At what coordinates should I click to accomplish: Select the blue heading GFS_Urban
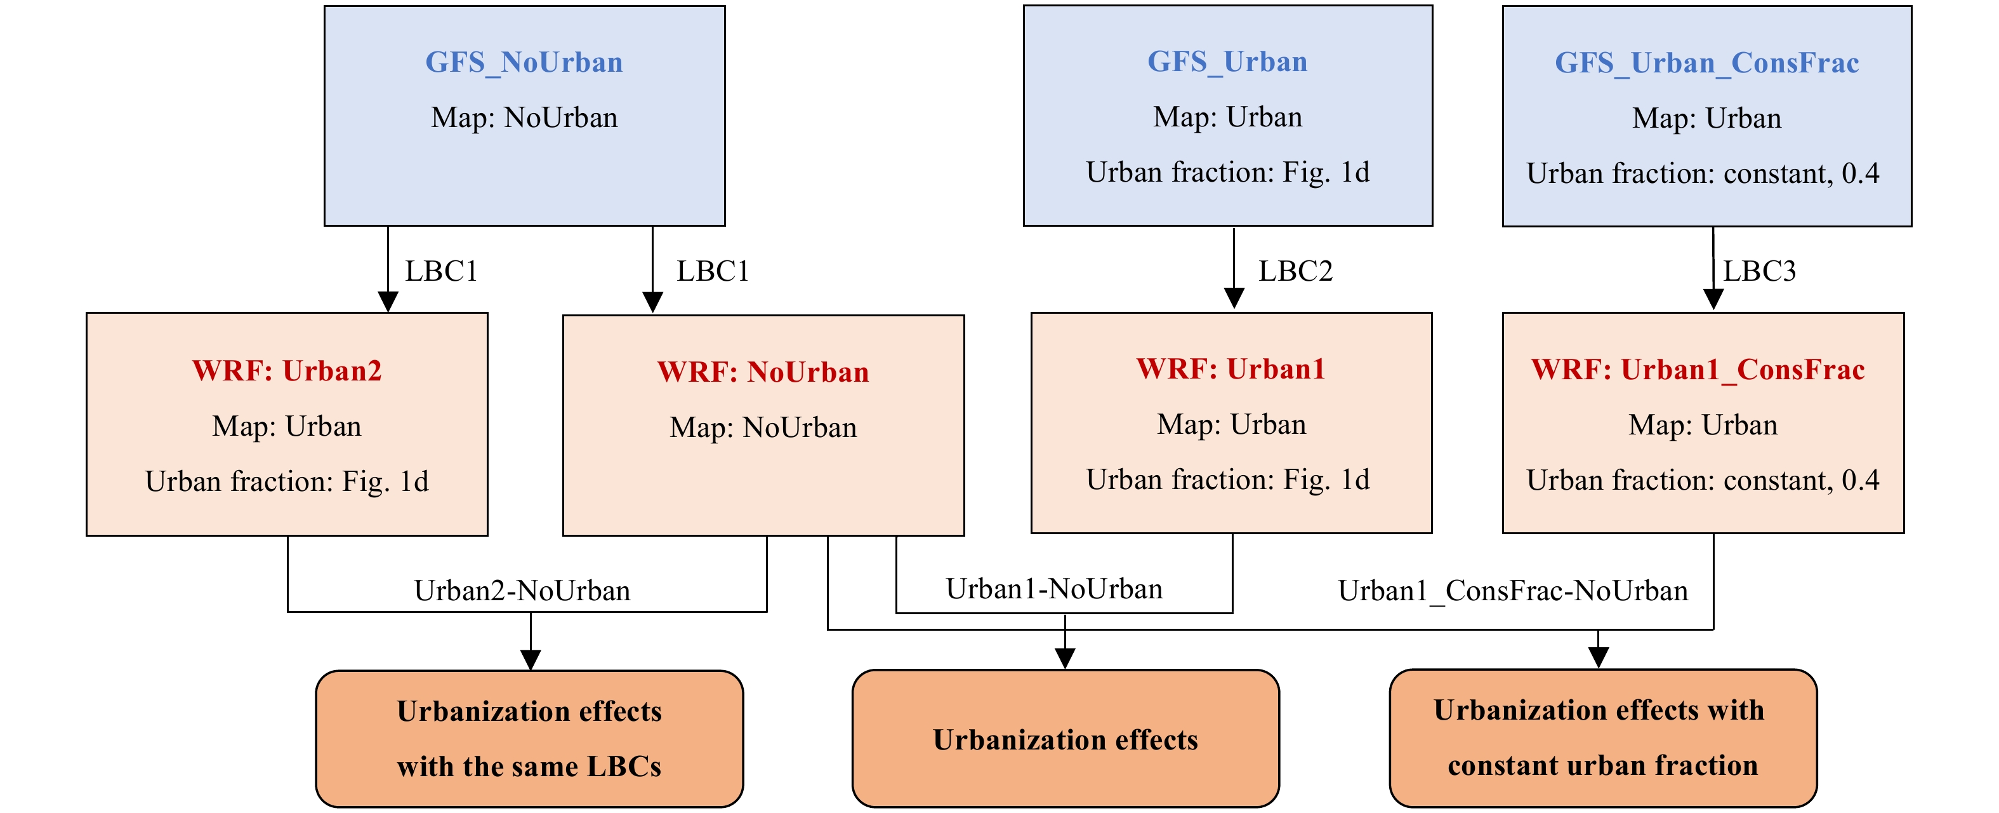pyautogui.click(x=1228, y=62)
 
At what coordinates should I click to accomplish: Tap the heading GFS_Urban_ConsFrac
pyautogui.click(x=1706, y=63)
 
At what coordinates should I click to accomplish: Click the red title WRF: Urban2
pyautogui.click(x=287, y=370)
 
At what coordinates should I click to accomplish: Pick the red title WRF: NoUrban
pyautogui.click(x=763, y=372)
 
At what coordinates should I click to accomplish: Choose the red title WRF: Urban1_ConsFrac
pyautogui.click(x=1698, y=370)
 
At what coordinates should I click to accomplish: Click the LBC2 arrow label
pyautogui.click(x=1295, y=271)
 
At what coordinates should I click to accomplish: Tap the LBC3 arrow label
pyautogui.click(x=1760, y=271)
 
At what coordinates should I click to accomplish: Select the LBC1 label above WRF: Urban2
pyautogui.click(x=441, y=271)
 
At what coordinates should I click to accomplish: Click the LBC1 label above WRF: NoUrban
pyautogui.click(x=713, y=271)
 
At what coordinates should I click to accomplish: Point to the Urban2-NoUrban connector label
pyautogui.click(x=522, y=591)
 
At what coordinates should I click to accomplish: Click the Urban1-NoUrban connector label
pyautogui.click(x=1054, y=589)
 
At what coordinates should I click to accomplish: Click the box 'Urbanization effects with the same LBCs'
pyautogui.click(x=529, y=739)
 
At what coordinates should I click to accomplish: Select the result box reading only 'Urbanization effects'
pyautogui.click(x=1065, y=739)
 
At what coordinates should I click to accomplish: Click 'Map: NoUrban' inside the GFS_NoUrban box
pyautogui.click(x=525, y=118)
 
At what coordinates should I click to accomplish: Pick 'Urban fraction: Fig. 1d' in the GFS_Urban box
pyautogui.click(x=1228, y=172)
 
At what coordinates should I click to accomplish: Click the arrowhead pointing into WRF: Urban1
pyautogui.click(x=1234, y=298)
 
